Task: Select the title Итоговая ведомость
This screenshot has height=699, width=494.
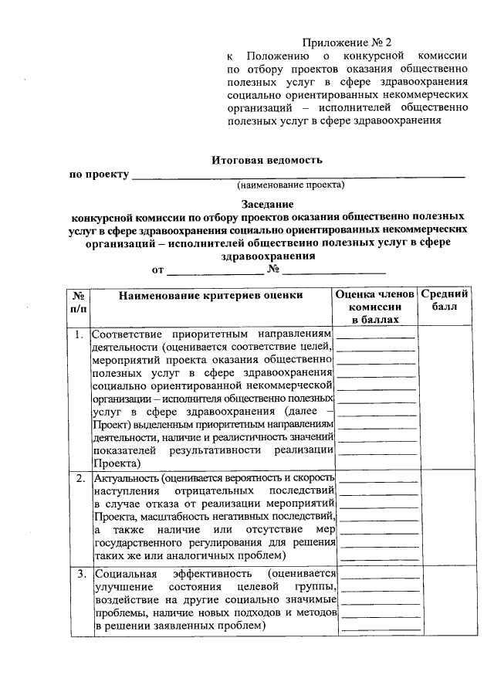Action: click(x=267, y=160)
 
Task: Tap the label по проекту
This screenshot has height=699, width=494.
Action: click(x=99, y=175)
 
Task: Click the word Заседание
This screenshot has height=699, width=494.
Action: click(x=267, y=205)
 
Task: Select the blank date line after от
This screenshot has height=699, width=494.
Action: click(x=215, y=272)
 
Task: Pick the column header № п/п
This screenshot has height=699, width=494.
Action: click(x=79, y=301)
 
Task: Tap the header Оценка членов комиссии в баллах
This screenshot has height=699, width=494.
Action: click(x=376, y=307)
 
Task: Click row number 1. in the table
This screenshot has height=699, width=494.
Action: click(x=79, y=335)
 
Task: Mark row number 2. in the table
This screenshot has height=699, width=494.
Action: click(x=79, y=478)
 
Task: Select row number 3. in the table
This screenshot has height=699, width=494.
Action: click(x=79, y=574)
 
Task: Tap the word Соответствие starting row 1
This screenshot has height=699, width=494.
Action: click(x=127, y=335)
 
